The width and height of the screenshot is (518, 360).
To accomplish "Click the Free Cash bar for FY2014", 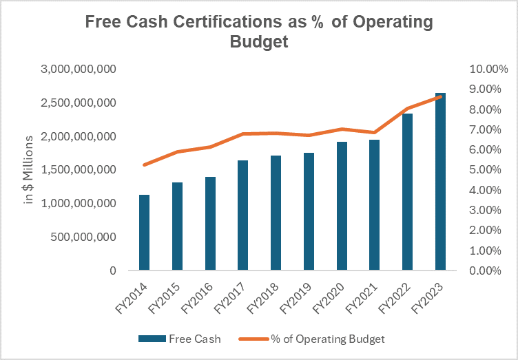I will tap(144, 233).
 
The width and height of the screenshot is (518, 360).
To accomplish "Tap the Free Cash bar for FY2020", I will tap(342, 206).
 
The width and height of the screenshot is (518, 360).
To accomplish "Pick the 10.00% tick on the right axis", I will tap(488, 70).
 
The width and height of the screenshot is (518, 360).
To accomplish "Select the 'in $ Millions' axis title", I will tap(29, 170).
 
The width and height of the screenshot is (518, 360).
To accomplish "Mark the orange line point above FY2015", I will tap(177, 151).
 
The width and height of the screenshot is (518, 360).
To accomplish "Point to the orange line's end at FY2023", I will tap(441, 97).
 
